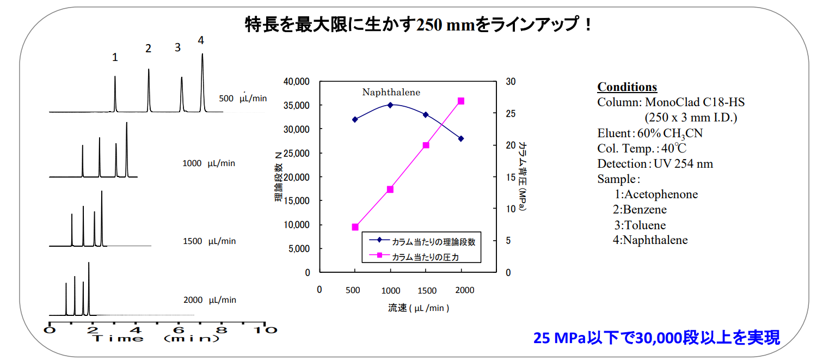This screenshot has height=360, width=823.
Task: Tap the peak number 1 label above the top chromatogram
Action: (x=115, y=57)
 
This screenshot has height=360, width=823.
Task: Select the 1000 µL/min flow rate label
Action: (x=209, y=163)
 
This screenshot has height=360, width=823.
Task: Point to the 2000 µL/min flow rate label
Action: (x=210, y=300)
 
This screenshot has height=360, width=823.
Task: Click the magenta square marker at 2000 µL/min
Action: (x=461, y=101)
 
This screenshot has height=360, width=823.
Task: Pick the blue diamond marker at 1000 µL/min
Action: (x=390, y=105)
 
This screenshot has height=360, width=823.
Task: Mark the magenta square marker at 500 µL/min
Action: (x=355, y=227)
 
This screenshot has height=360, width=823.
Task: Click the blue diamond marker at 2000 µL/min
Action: (x=461, y=139)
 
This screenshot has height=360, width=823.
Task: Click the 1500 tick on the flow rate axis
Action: (x=427, y=290)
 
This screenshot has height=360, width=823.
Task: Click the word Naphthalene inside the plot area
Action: (x=392, y=92)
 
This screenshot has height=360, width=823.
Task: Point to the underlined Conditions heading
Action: (x=627, y=87)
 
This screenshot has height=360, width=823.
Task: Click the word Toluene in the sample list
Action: (x=644, y=225)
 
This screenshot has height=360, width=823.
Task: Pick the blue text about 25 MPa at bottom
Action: (x=656, y=338)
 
